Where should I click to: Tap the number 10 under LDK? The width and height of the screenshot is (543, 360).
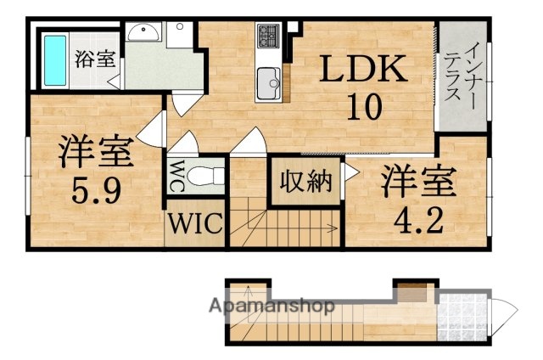(363, 108)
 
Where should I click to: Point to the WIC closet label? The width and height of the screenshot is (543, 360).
(194, 225)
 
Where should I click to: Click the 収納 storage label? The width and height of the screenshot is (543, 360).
(305, 181)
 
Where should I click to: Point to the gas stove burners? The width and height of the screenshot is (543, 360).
(269, 37)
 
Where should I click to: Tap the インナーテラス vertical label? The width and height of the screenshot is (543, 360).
(462, 76)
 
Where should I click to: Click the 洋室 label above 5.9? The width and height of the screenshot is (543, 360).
(94, 154)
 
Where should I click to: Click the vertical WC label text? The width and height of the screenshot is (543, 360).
(178, 177)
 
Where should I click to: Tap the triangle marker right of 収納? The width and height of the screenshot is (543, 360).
(348, 180)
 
